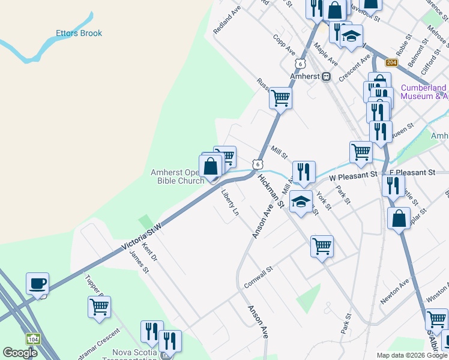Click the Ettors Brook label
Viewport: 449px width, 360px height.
pos(79,34)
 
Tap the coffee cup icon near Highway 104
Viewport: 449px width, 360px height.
pos(37,284)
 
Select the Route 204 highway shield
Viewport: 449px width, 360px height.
pos(391,63)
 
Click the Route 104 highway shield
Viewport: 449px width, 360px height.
pos(32,339)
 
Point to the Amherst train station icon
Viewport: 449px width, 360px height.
pos(326,77)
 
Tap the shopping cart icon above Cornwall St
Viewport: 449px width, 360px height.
pos(322,245)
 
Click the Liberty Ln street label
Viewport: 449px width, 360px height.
pos(230,204)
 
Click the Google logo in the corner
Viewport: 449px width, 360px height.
pos(20,353)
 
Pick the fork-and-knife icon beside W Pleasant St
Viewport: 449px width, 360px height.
pos(304,172)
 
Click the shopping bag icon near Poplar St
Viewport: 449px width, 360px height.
pos(399,218)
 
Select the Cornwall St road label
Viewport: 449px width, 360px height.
pos(259,277)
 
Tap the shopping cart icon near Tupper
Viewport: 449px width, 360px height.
pos(99,307)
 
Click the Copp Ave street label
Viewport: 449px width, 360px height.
pos(283,43)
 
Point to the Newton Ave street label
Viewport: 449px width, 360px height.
pos(394,290)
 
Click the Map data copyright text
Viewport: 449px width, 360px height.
pos(411,355)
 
